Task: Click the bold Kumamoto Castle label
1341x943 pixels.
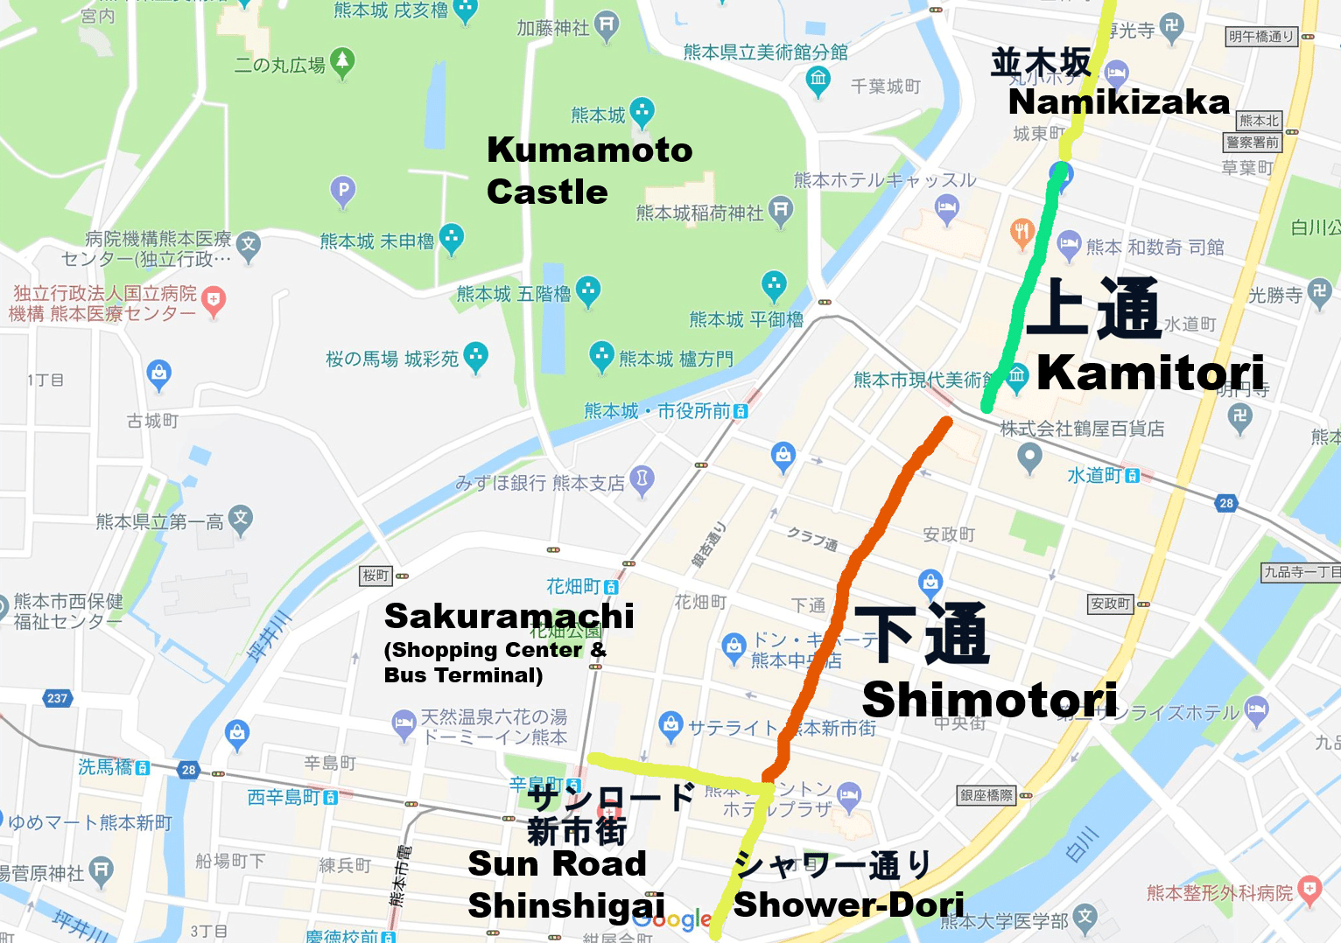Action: (x=588, y=171)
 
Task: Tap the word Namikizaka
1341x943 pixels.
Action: (x=1119, y=102)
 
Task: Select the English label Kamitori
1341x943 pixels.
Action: (x=1150, y=374)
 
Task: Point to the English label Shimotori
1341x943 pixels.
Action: (x=989, y=700)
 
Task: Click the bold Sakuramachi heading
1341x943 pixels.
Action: (x=509, y=616)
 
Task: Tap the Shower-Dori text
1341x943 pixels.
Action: (x=848, y=905)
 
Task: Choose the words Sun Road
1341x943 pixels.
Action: (x=557, y=864)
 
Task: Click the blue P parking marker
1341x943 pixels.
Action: (x=343, y=190)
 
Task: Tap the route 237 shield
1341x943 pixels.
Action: (x=57, y=698)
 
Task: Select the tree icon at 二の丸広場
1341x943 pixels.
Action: (x=342, y=61)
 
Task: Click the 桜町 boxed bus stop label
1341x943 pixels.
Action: (x=376, y=576)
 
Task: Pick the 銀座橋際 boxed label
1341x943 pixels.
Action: (x=986, y=795)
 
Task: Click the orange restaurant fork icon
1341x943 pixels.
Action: (x=1022, y=232)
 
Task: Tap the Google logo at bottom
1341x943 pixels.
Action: (x=672, y=919)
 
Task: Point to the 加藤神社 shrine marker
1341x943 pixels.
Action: (x=606, y=24)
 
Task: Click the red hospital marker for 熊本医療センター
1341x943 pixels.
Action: (x=214, y=301)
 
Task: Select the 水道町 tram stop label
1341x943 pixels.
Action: (x=1101, y=475)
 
